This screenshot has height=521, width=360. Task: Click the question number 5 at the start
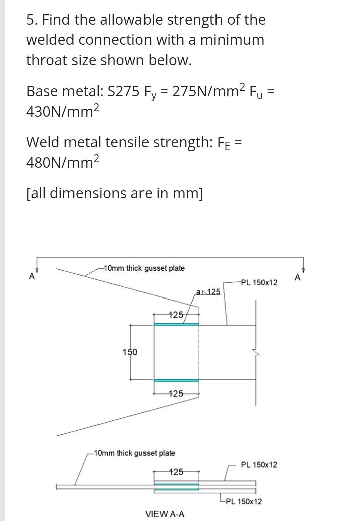(31, 20)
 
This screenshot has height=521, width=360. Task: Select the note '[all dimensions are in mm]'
(115, 193)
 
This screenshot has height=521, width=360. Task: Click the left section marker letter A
(32, 276)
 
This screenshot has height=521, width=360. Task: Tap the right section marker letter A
(297, 277)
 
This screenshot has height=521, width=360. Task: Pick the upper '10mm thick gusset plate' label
(143, 268)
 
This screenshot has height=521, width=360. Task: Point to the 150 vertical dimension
(130, 352)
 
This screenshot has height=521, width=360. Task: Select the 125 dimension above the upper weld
(175, 315)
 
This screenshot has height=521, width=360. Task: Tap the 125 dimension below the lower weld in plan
(175, 393)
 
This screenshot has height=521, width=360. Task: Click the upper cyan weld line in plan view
(177, 324)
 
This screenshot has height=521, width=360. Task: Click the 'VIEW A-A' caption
(165, 514)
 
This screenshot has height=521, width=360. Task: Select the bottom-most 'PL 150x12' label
(244, 501)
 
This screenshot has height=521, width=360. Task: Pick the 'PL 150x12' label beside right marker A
(259, 282)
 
